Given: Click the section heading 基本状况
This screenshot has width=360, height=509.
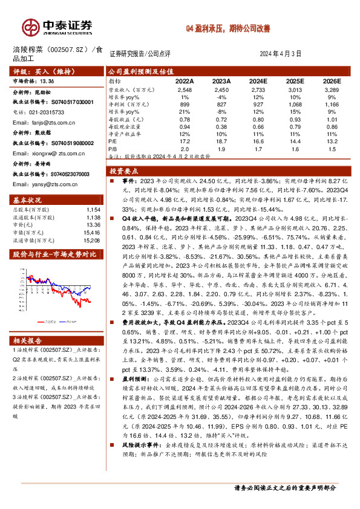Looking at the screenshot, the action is click(27, 200).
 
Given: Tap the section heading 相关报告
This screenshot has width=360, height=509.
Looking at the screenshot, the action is click(27, 341).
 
